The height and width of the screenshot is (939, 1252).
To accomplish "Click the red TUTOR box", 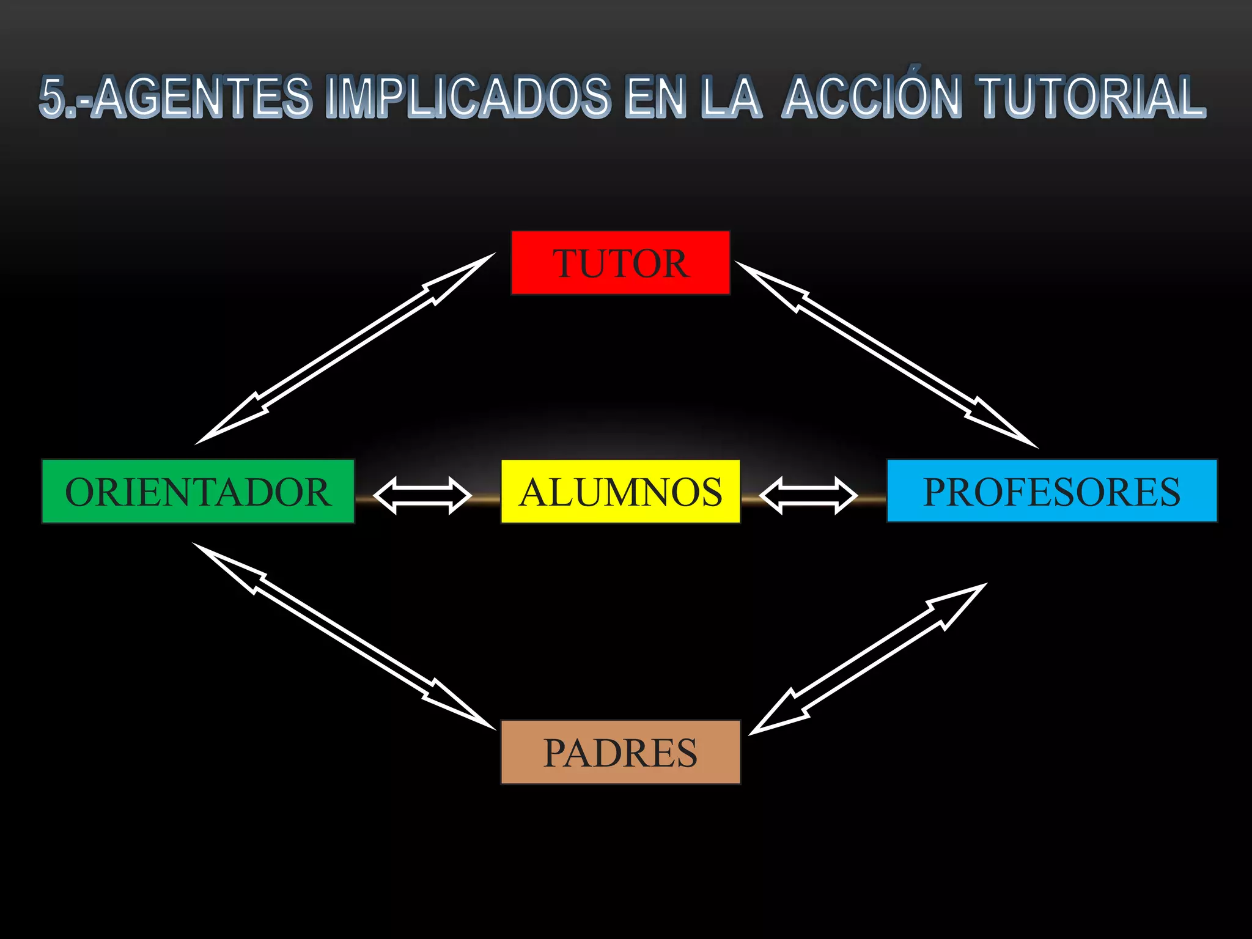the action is [620, 263].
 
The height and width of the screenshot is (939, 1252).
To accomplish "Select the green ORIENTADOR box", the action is [198, 492].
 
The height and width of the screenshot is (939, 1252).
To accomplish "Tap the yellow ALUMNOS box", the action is [620, 492].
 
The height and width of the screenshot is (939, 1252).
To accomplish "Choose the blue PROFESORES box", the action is [1051, 491].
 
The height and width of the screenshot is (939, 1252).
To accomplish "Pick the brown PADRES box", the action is [620, 752].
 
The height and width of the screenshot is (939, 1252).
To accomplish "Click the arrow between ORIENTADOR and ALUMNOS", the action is [422, 495].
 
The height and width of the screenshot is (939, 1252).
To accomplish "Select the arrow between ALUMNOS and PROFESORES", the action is [808, 495].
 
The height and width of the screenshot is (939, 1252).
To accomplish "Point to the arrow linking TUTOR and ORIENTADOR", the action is [345, 348].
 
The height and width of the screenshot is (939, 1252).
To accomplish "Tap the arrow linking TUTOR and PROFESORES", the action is [886, 355].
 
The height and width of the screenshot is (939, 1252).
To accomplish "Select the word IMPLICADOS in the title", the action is [468, 97].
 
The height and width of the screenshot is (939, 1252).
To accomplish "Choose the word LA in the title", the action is [731, 97].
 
